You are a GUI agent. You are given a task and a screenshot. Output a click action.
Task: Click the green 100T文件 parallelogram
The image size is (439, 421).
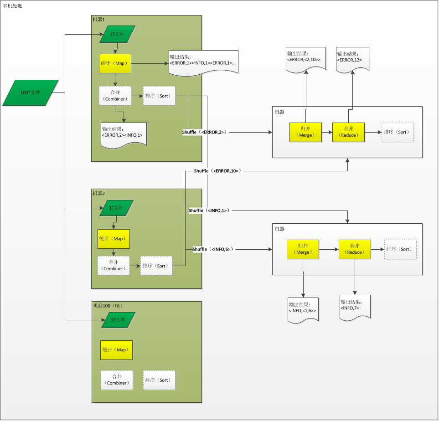[x=31, y=92]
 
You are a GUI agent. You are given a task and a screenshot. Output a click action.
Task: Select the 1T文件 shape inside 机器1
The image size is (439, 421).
[x=117, y=34]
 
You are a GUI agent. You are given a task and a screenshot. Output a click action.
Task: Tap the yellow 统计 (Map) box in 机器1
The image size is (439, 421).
[x=115, y=63]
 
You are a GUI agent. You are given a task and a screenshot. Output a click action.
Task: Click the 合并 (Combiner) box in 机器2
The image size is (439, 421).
[x=114, y=266]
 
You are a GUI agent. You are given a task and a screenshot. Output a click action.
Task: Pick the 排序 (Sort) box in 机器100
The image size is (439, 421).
[x=159, y=380]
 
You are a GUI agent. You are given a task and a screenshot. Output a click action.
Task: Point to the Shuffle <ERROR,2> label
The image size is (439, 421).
[x=204, y=132]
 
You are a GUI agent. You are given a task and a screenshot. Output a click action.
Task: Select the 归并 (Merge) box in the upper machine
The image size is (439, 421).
[x=305, y=132]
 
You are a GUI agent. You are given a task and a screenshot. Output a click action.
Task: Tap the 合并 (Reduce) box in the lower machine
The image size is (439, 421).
[x=354, y=249]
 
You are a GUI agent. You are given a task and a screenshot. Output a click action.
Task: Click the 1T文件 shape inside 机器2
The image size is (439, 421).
[x=116, y=208]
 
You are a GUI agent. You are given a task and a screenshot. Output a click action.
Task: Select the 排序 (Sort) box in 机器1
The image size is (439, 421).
[x=159, y=96]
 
